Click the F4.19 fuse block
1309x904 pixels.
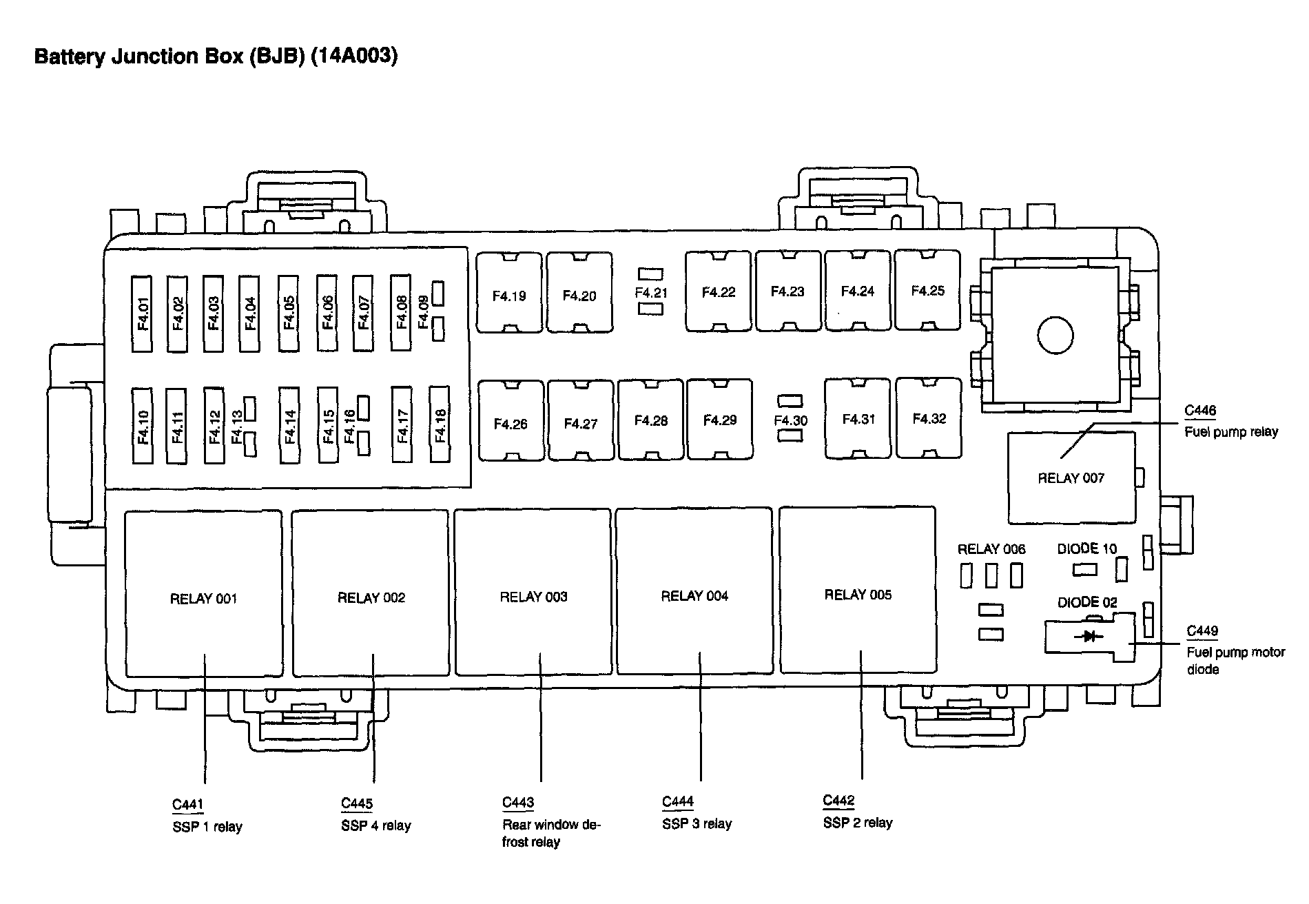coord(509,294)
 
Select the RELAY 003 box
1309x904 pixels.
coord(533,592)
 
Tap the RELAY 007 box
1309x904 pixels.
coord(1071,478)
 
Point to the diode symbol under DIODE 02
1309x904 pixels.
coord(1089,636)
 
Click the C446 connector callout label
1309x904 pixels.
coord(1200,411)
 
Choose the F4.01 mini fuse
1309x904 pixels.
coord(143,314)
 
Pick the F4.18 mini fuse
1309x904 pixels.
coord(440,424)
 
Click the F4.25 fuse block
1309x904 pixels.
coord(927,290)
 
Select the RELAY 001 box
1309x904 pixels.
coord(203,593)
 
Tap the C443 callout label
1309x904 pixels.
coord(518,802)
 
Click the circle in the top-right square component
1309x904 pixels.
coord(1055,336)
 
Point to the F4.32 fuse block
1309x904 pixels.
coord(929,418)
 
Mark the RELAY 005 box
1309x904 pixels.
coord(858,590)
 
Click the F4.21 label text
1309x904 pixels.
coord(651,293)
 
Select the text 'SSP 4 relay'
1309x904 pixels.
coord(375,825)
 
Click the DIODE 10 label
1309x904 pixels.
coord(1086,549)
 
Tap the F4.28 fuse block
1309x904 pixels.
coord(650,420)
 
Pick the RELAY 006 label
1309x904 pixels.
coord(991,549)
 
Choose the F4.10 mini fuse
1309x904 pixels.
coord(143,424)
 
